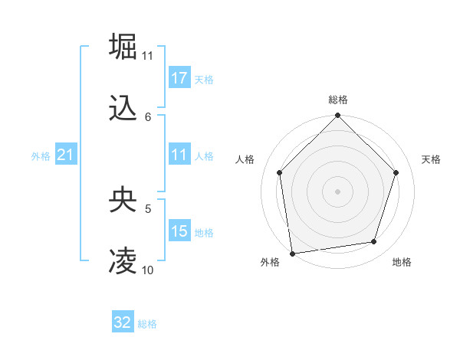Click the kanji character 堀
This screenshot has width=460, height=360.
click(123, 46)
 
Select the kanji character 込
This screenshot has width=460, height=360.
click(123, 108)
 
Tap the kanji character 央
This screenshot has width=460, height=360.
click(123, 200)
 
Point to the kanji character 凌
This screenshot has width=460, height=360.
click(123, 261)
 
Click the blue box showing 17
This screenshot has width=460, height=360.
click(179, 78)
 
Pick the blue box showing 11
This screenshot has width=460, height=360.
click(179, 155)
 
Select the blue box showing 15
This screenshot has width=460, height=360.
click(179, 231)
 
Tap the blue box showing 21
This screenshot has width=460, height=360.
click(66, 155)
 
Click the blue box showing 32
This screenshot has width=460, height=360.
click(123, 322)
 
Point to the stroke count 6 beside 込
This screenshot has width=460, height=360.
click(148, 117)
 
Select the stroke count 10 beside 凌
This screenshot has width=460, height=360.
click(148, 270)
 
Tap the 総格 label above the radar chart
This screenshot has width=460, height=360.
click(338, 100)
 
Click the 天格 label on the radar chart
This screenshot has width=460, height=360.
click(431, 159)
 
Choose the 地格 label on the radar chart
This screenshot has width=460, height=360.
click(402, 262)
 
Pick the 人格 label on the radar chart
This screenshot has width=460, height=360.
click(245, 159)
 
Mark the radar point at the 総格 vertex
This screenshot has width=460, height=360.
click(338, 116)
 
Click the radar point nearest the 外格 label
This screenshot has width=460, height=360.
click(292, 253)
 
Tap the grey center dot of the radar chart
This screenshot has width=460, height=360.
click(338, 191)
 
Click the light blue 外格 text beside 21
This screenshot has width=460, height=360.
click(41, 156)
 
